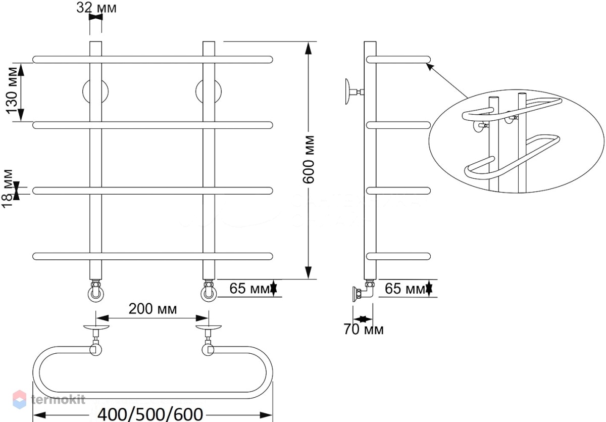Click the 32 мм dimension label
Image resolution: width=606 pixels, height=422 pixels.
[96, 8]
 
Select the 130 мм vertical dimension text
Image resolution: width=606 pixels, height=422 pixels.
[12, 90]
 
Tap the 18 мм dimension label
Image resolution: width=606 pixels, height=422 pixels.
[8, 189]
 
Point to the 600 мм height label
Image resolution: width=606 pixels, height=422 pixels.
[309, 160]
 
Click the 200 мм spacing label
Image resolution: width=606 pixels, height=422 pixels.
[153, 309]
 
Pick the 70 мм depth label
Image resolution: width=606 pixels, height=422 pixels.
[364, 330]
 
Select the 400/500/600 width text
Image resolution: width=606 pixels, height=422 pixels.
[150, 414]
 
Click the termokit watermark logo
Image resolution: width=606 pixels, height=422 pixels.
[49, 400]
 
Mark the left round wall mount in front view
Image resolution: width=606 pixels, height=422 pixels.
[95, 92]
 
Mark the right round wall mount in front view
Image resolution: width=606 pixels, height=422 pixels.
[209, 92]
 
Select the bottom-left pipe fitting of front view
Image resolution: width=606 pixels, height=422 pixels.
[96, 291]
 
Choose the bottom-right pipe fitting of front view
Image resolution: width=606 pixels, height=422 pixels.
[209, 291]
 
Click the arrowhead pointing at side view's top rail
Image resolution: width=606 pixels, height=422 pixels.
[430, 67]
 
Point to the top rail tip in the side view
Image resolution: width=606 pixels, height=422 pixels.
[430, 60]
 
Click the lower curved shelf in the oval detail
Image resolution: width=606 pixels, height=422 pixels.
[511, 157]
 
